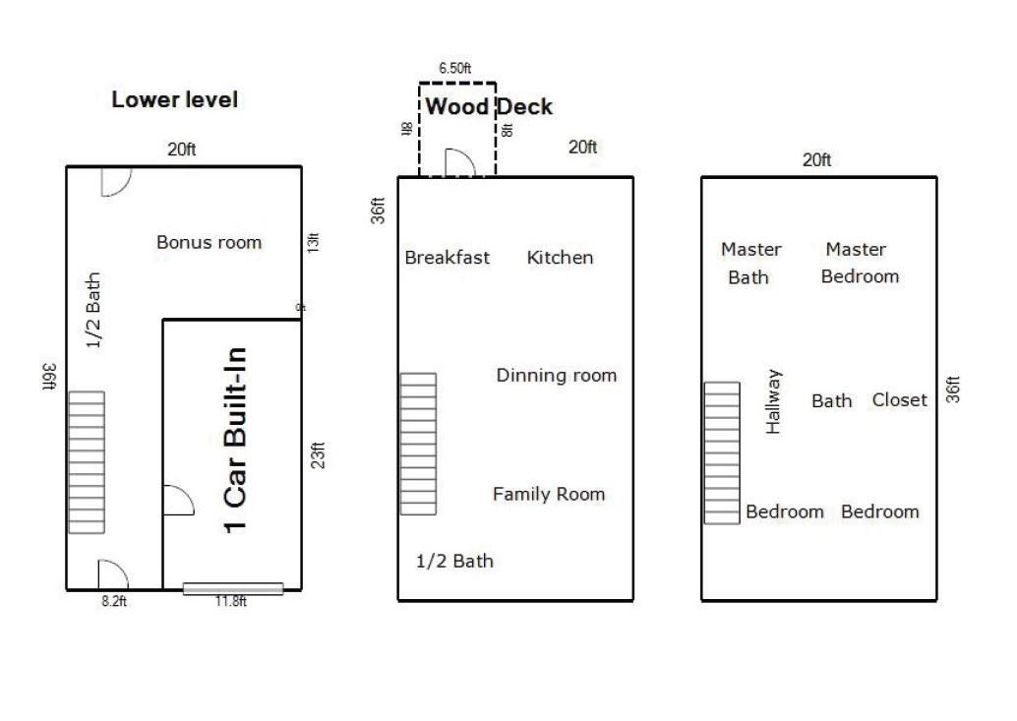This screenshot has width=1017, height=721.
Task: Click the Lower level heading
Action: click(x=174, y=99)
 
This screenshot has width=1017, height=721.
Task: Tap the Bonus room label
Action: click(x=209, y=242)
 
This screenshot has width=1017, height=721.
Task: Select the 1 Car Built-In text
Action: click(x=235, y=440)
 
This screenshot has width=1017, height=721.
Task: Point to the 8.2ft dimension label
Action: click(x=114, y=602)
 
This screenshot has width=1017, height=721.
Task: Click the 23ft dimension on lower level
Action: click(x=318, y=455)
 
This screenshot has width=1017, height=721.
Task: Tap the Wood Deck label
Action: click(x=489, y=106)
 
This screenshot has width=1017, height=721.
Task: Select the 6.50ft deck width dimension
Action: click(x=454, y=69)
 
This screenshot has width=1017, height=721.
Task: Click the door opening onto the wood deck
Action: click(x=459, y=163)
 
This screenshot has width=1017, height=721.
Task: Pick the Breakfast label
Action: click(x=448, y=258)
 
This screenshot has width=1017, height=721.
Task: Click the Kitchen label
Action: click(x=560, y=258)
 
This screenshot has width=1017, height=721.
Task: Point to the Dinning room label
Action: click(x=556, y=375)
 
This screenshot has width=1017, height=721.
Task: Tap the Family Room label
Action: click(x=548, y=494)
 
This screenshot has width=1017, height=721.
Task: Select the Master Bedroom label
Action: click(x=859, y=263)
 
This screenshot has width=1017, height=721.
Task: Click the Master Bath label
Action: click(x=750, y=263)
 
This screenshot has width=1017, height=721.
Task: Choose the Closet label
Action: click(x=899, y=400)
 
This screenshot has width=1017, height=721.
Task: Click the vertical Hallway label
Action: click(x=774, y=401)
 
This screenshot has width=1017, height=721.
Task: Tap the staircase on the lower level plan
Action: click(x=86, y=462)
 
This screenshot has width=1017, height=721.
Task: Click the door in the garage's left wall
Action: click(x=176, y=501)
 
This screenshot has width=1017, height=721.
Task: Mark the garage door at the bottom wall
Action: click(x=232, y=589)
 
